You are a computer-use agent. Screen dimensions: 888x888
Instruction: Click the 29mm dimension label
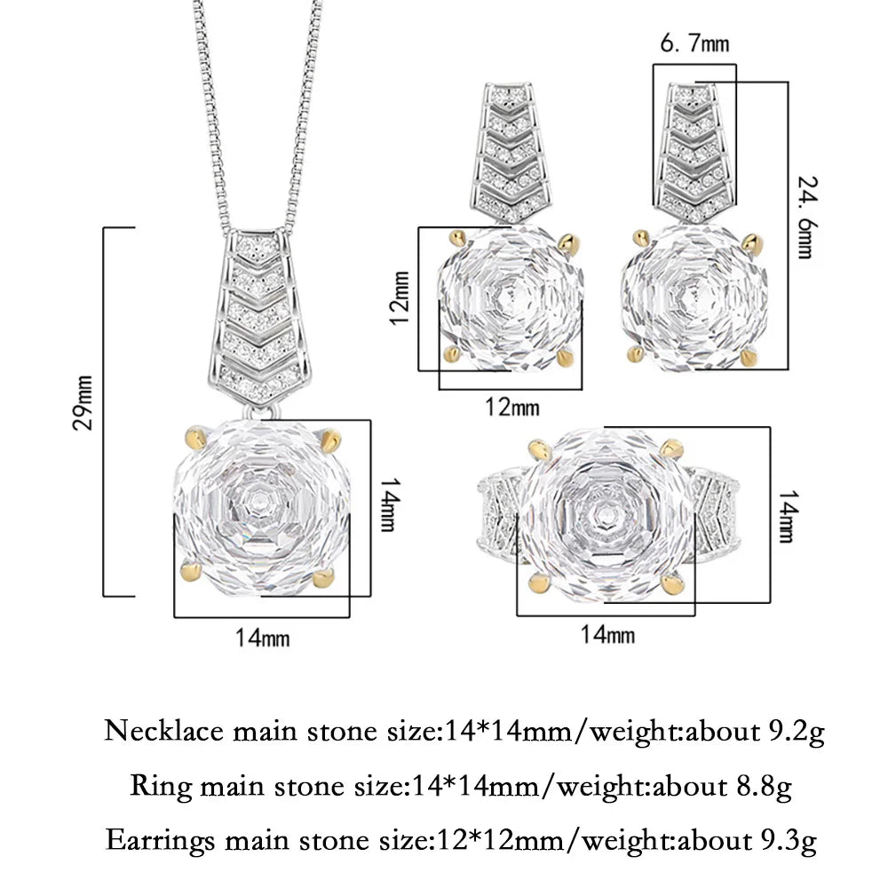[83, 402]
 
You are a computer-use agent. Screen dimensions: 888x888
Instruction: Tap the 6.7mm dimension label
[694, 44]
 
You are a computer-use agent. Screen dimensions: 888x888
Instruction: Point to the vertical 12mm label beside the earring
[400, 297]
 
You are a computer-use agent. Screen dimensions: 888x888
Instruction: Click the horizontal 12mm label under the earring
[512, 408]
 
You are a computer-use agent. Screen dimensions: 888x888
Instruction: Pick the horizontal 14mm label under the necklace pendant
[262, 638]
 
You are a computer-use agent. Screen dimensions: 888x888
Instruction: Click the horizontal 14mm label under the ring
[607, 634]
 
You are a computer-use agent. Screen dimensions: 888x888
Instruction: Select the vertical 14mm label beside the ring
[787, 516]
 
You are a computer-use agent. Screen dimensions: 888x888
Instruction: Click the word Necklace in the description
[164, 731]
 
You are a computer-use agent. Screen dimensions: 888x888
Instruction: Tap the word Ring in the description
[162, 787]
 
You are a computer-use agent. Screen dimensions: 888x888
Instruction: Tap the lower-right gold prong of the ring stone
[673, 583]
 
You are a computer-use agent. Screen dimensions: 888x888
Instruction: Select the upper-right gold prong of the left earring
[568, 242]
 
